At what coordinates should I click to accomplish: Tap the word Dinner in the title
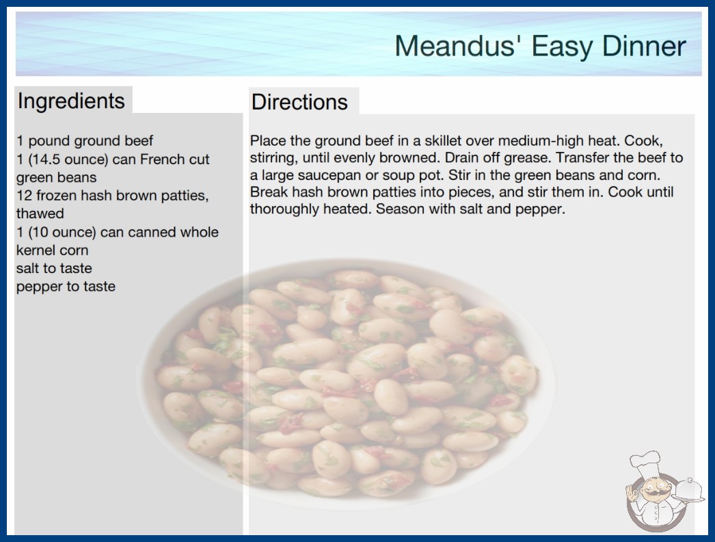coord(644,46)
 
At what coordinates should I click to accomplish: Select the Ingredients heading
coord(71,101)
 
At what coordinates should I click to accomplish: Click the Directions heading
coord(299,102)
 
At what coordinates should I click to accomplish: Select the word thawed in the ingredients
coord(40,214)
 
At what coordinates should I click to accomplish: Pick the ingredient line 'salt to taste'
coord(54,268)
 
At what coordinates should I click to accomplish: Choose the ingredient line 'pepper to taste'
coord(66,287)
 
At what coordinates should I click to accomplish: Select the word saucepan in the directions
coord(329,175)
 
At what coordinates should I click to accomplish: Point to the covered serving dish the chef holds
coord(688,491)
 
